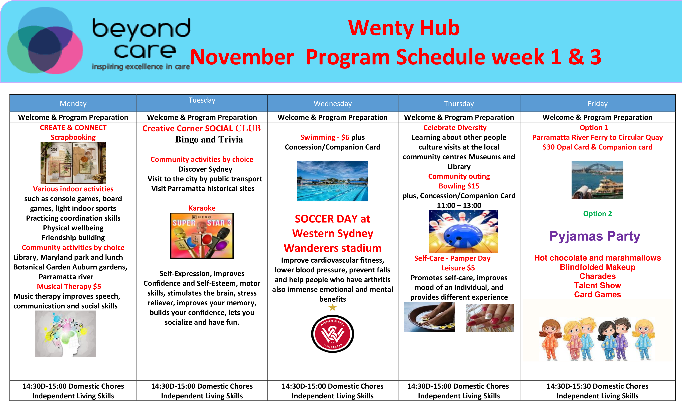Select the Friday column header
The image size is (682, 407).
[x=597, y=104]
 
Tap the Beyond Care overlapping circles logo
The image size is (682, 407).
[x=45, y=41]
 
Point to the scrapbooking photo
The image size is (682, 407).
[x=73, y=163]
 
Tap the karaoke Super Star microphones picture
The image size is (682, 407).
[x=202, y=236]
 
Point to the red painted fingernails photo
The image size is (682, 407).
[x=490, y=318]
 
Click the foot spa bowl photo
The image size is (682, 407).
[x=429, y=317]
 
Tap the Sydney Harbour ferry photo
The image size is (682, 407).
[x=597, y=180]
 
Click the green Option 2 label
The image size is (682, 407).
[x=597, y=214]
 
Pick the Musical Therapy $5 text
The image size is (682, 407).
[x=69, y=286]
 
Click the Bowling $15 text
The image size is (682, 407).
[x=459, y=186]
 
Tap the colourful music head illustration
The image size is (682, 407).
[x=65, y=334]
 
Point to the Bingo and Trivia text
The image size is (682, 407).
[x=209, y=140]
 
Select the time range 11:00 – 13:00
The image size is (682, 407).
[x=459, y=205]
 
